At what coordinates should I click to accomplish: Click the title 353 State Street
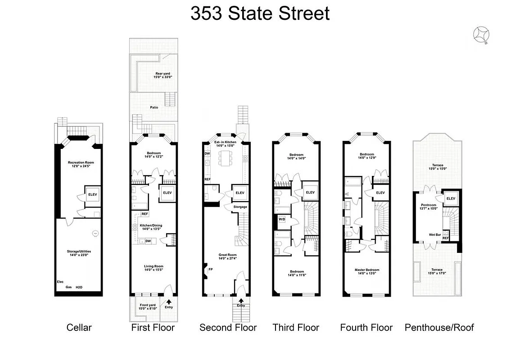pos(260,13)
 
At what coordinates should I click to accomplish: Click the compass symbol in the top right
pos(482,35)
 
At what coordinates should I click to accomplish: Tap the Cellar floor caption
pos(79,328)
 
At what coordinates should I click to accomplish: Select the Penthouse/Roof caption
pos(439,328)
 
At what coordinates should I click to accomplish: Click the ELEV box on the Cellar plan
pos(92,194)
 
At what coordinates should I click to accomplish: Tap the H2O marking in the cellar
pos(79,287)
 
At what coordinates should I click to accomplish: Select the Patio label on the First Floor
pos(154,107)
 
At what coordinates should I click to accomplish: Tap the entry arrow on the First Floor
pos(169,302)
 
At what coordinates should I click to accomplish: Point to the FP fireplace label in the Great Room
pos(210,269)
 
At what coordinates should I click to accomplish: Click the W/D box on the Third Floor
pos(282,220)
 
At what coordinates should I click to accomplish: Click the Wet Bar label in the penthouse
pos(434,234)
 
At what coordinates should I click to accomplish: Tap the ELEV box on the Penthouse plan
pos(450,198)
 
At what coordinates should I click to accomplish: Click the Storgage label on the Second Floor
pos(240,207)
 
